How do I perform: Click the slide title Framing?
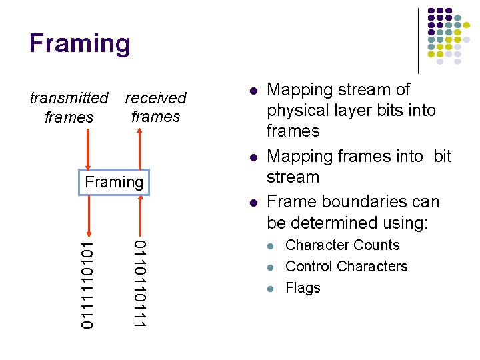click(80, 44)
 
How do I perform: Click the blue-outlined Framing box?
click(114, 182)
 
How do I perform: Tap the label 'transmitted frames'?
click(69, 107)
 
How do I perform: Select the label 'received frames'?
click(155, 107)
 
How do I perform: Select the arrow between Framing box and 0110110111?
click(139, 215)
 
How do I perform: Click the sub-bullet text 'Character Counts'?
click(342, 245)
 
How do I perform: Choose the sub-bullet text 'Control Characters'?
click(346, 267)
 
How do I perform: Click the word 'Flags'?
click(303, 288)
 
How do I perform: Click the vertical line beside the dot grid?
click(418, 40)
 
